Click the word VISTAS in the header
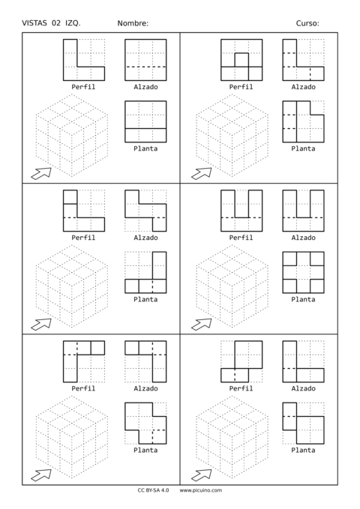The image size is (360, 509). pyautogui.click(x=34, y=23)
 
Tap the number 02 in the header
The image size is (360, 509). pyautogui.click(x=56, y=23)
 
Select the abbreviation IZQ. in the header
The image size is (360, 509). pyautogui.click(x=73, y=23)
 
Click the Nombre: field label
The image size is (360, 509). pyautogui.click(x=133, y=23)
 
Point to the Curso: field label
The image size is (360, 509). pyautogui.click(x=307, y=23)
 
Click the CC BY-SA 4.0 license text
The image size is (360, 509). pyautogui.click(x=153, y=490)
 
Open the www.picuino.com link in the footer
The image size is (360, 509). pyautogui.click(x=201, y=490)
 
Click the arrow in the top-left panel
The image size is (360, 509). pyautogui.click(x=41, y=173)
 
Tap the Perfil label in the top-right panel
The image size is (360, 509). pyautogui.click(x=241, y=87)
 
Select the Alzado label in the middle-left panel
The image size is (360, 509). pyautogui.click(x=145, y=238)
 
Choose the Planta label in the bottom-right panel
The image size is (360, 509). pyautogui.click(x=303, y=451)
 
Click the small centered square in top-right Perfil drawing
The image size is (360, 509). pyautogui.click(x=241, y=60)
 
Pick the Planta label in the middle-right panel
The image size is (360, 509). pyautogui.click(x=303, y=299)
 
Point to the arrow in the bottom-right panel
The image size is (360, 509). pyautogui.click(x=202, y=475)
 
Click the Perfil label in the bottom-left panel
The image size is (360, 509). pyautogui.click(x=83, y=388)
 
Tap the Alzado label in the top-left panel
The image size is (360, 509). pyautogui.click(x=145, y=87)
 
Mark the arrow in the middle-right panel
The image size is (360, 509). pyautogui.click(x=202, y=324)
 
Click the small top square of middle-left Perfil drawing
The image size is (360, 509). pyautogui.click(x=70, y=197)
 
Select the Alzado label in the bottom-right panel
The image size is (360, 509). pyautogui.click(x=303, y=388)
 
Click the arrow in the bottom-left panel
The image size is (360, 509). pyautogui.click(x=41, y=475)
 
